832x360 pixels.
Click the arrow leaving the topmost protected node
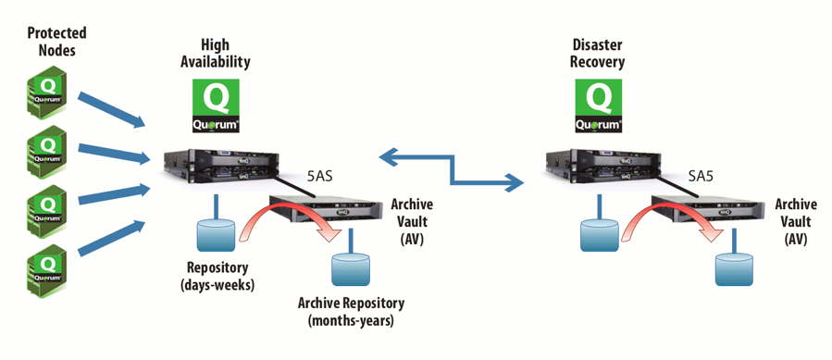tap(112, 108)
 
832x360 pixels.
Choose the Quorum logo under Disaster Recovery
tap(599, 107)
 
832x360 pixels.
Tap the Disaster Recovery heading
tap(599, 53)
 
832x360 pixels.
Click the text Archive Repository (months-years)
tap(351, 311)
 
